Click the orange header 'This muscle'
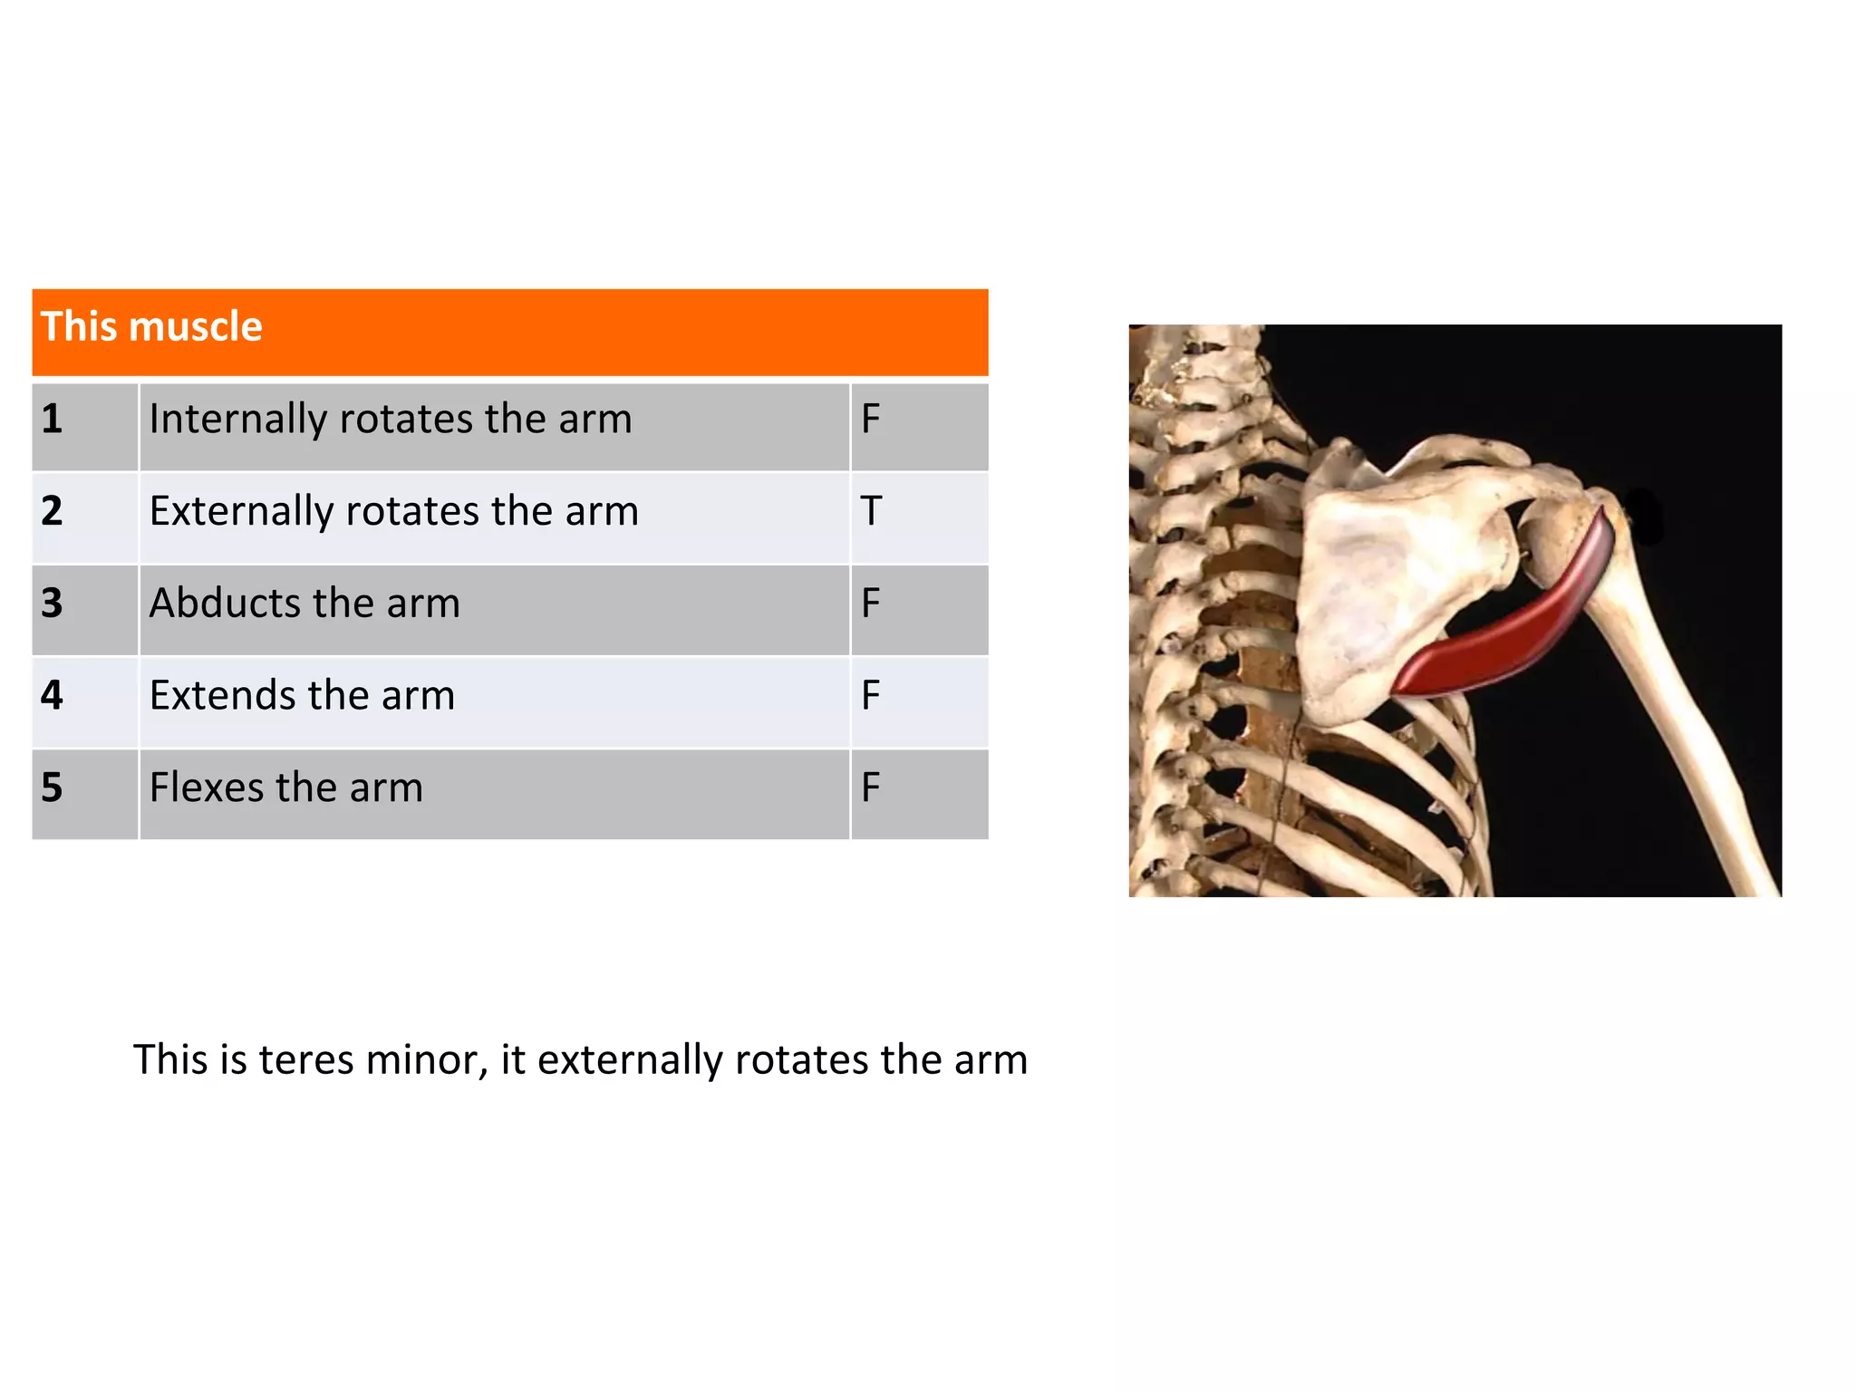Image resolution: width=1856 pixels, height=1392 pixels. coord(151,327)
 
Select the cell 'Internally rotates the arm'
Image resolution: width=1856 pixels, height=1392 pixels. coord(391,420)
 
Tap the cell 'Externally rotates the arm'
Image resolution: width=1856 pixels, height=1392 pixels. coord(394,512)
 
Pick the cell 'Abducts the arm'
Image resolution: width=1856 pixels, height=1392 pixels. coord(304,604)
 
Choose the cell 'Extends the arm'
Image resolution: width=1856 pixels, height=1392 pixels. coord(302,696)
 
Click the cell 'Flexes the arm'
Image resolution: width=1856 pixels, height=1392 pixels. coord(286,788)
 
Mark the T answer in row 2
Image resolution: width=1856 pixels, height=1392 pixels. coord(871,512)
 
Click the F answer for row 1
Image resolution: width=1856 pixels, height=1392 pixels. coord(871,420)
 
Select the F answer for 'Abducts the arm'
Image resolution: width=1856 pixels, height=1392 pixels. coord(871,604)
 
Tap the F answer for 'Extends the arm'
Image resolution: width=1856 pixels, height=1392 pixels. coord(871,696)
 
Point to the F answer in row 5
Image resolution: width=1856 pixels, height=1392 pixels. coord(871,788)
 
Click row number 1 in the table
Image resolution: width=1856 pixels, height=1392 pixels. coord(53,420)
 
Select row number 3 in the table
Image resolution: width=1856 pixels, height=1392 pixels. coord(53,604)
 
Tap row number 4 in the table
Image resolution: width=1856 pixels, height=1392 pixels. coord(53,696)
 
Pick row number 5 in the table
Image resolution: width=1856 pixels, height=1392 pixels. coord(53,788)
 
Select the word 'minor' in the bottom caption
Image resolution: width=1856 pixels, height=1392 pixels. coord(426,1060)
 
